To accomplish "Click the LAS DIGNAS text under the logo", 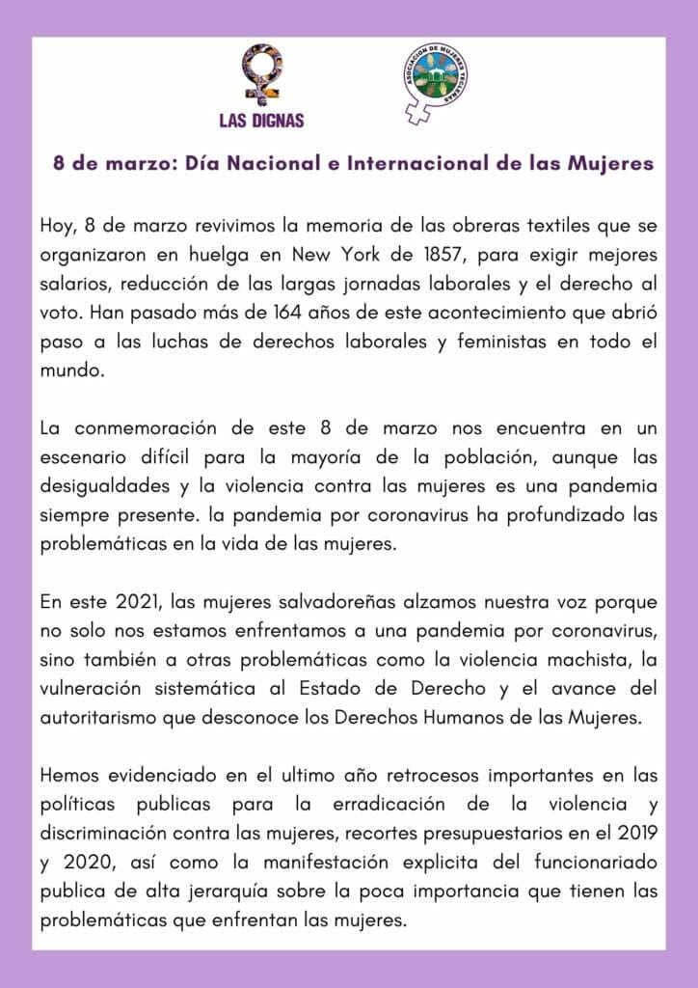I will point(261,121).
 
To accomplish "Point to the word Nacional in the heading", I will point(252,163).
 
